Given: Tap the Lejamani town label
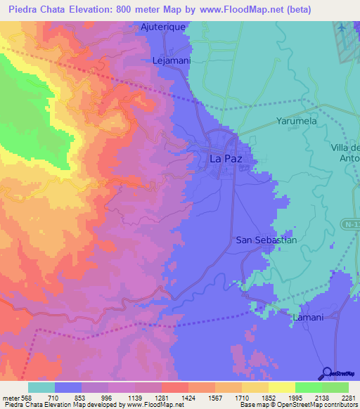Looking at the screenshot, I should [x=172, y=61].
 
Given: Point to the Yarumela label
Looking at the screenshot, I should [x=298, y=121].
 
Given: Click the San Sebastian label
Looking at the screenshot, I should [x=266, y=240].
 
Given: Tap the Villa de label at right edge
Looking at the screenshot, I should [x=345, y=148].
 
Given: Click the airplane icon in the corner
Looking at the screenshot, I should [x=342, y=27].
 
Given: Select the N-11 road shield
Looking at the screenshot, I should [x=352, y=223].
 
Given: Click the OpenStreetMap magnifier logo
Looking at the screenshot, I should [x=326, y=373].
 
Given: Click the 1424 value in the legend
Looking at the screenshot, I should [x=188, y=397].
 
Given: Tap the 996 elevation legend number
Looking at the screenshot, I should [x=108, y=397].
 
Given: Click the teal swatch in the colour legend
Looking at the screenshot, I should [x=41, y=387].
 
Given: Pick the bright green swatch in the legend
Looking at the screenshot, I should [x=309, y=387].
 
